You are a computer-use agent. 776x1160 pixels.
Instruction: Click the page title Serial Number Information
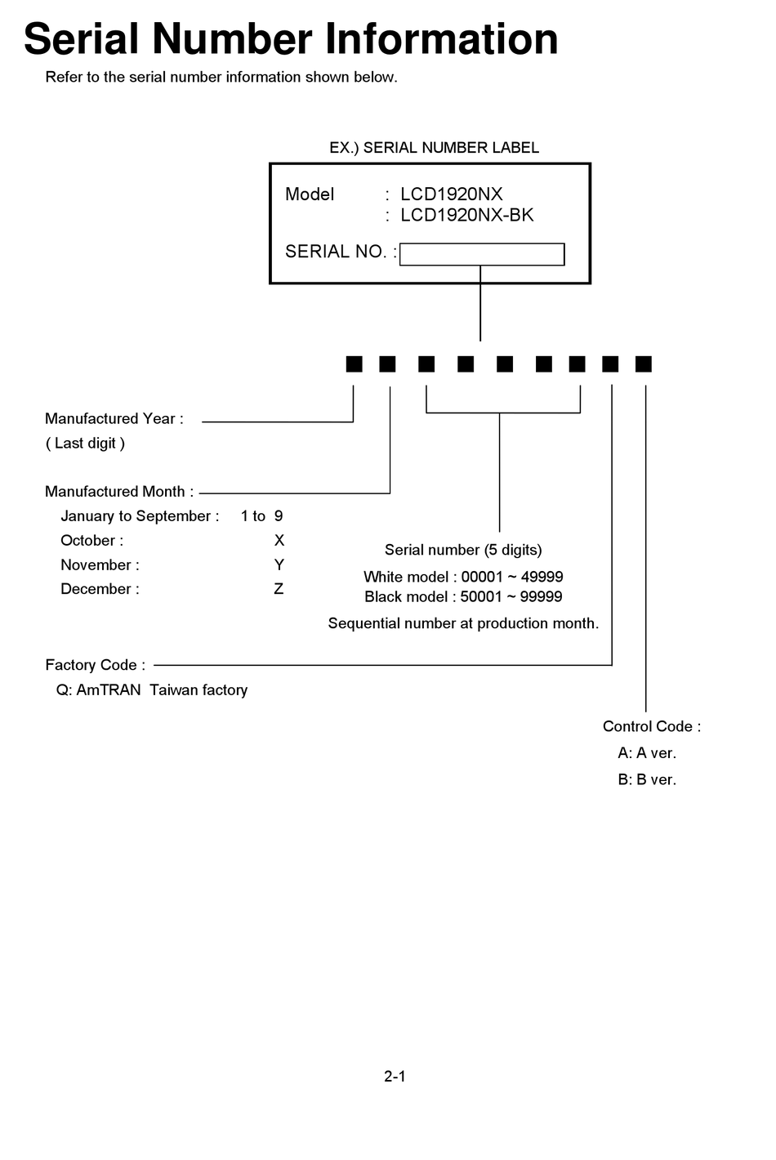291,39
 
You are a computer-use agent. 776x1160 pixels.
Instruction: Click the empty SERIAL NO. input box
482,254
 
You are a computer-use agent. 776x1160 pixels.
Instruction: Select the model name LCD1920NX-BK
466,215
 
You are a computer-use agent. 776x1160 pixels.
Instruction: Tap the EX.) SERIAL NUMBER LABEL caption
434,148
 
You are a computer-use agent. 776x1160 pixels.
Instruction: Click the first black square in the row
354,364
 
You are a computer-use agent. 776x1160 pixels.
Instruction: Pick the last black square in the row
644,364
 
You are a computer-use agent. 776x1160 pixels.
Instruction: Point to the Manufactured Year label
114,419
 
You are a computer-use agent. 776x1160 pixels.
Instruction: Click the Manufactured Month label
118,492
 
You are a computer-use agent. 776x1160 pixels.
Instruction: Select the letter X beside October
279,541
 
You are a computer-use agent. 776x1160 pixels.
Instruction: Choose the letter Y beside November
279,565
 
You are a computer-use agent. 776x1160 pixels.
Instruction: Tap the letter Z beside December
279,589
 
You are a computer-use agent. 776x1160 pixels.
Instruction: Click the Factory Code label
95,665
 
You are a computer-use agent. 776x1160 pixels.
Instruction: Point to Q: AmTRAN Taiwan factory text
152,690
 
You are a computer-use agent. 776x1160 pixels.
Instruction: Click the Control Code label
651,727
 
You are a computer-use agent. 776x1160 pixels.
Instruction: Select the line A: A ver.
647,753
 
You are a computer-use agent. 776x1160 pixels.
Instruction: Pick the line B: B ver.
647,780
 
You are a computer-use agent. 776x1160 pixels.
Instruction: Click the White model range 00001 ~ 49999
511,577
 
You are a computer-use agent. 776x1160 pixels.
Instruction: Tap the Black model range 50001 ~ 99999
511,597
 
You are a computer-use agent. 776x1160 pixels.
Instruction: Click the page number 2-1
395,1077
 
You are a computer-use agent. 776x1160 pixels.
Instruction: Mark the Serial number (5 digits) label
463,550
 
